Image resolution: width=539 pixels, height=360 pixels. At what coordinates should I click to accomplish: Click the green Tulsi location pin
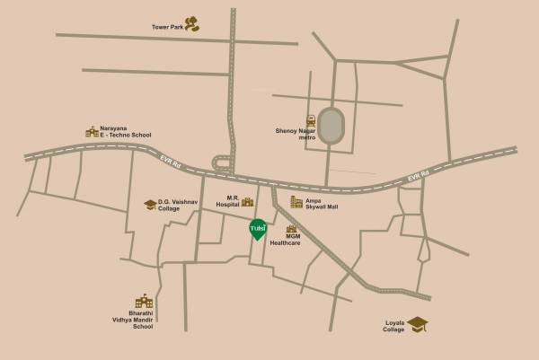coord(258,228)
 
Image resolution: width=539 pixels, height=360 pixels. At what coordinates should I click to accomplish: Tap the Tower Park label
coord(167,27)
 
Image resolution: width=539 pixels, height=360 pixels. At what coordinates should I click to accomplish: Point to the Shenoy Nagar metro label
coord(296,134)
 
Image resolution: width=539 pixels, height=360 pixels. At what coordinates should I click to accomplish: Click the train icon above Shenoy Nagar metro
coord(311,120)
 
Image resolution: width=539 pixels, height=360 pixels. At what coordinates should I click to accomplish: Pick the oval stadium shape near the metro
coord(331,127)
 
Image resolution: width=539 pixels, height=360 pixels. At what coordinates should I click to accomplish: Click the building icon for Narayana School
coord(92,132)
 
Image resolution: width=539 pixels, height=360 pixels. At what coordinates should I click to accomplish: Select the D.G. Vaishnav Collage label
coord(175,206)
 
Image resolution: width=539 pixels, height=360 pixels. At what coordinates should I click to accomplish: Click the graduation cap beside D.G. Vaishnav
coord(150,205)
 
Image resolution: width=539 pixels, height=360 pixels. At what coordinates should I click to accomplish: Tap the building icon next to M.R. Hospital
coord(247,202)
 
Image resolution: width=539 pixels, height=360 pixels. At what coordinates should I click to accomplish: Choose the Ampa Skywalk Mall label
coord(322,203)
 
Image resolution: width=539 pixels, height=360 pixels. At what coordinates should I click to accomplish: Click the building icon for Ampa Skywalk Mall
coord(296,202)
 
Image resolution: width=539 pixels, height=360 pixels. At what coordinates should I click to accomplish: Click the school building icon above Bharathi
coord(143,302)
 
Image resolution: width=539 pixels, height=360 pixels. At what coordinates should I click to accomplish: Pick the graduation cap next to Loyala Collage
coord(418,323)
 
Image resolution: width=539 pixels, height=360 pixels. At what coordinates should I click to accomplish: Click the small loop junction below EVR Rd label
coord(222,162)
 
